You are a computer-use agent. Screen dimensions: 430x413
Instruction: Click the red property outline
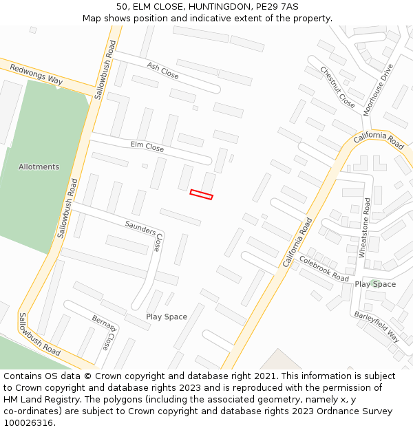201,195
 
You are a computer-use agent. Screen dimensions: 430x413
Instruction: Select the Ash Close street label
162,69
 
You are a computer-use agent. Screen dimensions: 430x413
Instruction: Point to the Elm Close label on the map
147,147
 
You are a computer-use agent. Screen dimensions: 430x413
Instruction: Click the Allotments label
39,166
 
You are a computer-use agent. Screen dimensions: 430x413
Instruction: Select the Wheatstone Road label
365,228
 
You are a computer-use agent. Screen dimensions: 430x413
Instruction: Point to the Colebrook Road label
324,268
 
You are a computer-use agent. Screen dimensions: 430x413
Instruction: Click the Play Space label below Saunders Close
167,316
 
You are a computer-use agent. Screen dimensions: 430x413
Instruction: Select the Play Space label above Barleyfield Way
375,284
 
